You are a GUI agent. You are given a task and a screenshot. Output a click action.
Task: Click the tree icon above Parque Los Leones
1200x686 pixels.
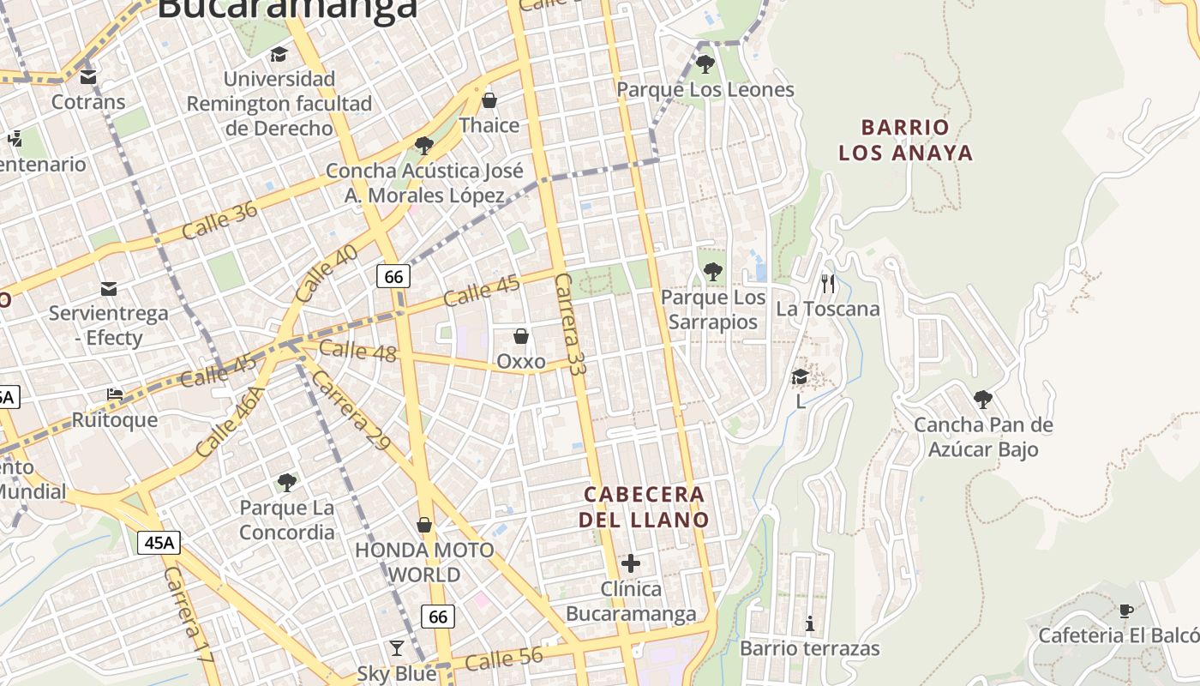(705, 63)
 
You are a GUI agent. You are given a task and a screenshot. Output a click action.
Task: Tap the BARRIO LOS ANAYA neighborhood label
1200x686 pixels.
(906, 140)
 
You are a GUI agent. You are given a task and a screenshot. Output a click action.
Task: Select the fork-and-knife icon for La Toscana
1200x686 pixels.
(827, 283)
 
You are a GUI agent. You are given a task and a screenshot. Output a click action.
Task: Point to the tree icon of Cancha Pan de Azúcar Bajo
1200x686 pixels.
(983, 399)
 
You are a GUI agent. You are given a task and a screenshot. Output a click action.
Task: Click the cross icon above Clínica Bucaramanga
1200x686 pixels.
(631, 563)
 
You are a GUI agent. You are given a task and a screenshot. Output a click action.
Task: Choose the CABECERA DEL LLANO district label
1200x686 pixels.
(644, 507)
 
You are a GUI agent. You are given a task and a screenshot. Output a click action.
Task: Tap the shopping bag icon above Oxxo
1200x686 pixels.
(520, 336)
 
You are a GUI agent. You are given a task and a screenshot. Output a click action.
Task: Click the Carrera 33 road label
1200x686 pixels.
(569, 325)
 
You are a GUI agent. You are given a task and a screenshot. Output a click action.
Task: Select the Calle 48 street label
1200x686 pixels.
(357, 350)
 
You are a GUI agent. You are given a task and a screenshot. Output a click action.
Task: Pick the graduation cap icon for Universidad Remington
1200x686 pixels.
(279, 55)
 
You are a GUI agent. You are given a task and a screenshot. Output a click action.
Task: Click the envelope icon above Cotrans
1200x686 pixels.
(88, 77)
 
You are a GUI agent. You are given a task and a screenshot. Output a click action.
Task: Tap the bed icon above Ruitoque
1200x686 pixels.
(115, 394)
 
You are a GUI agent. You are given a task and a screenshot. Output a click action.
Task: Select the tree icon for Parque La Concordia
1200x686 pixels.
(287, 483)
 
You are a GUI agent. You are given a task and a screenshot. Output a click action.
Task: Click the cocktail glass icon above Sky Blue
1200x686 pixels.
(397, 647)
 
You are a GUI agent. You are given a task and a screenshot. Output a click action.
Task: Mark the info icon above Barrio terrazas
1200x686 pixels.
(810, 623)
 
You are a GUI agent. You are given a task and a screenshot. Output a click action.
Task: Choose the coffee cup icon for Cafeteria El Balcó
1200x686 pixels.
(1126, 611)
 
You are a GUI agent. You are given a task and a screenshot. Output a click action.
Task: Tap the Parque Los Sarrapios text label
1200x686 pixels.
(713, 310)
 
